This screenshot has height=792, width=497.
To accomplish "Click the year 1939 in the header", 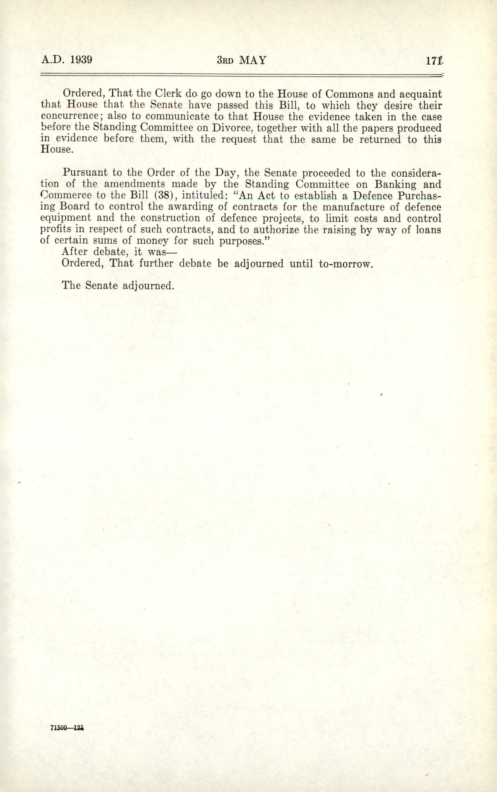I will click(81, 60).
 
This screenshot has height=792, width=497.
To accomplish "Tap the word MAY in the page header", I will click(253, 60).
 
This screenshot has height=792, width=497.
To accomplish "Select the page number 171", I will click(434, 61).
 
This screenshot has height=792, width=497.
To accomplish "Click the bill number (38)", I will click(163, 195).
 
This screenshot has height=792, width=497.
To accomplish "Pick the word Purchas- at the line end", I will click(419, 196).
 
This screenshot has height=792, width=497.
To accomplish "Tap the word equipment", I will click(65, 218).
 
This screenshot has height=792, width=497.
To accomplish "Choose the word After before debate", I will click(74, 252).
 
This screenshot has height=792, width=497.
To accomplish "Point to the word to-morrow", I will click(346, 263).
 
